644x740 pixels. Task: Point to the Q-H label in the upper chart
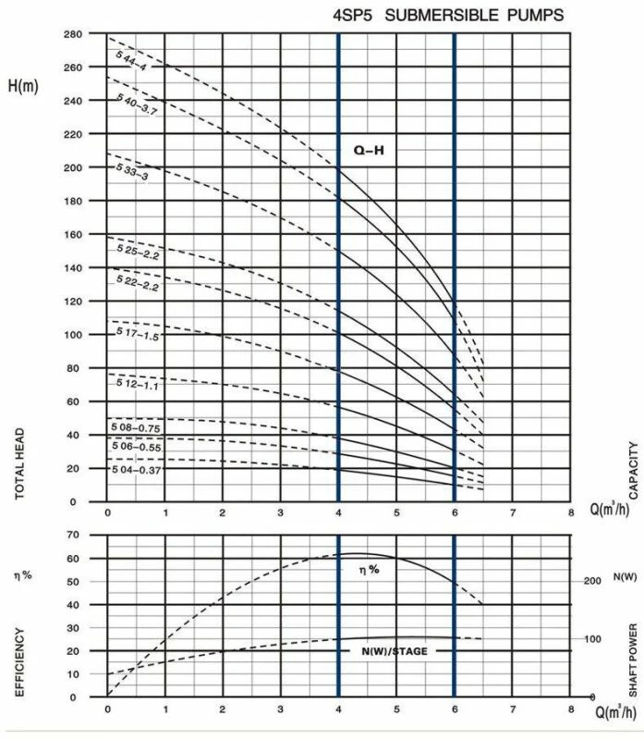(368, 148)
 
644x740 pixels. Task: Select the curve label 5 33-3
(132, 172)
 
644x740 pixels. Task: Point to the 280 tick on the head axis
(73, 34)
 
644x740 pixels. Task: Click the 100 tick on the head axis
(73, 335)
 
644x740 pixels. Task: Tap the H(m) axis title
(26, 87)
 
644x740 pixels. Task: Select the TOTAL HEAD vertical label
(19, 463)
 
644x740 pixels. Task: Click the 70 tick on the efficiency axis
(77, 536)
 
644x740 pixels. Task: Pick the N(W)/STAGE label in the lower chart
(395, 651)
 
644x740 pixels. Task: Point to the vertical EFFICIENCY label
(19, 661)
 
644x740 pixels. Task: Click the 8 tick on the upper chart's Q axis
(571, 512)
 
